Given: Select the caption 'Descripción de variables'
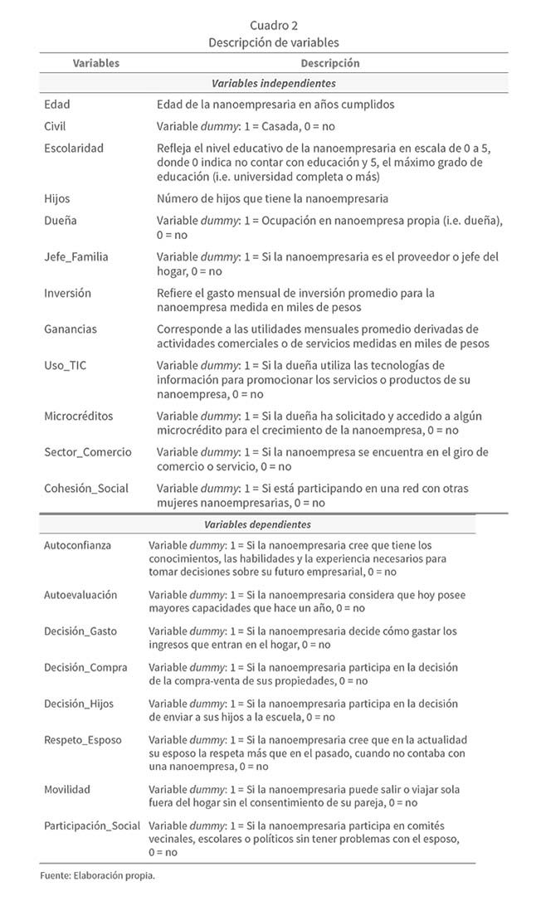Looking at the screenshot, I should (x=274, y=42).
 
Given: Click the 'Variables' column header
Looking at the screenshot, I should (x=96, y=63).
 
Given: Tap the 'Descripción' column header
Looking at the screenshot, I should (x=330, y=63).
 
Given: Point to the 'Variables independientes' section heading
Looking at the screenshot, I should (x=273, y=84).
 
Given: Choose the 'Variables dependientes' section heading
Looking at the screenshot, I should (x=257, y=525).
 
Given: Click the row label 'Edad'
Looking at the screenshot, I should (x=57, y=105).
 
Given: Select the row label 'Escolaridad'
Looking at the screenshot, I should (x=74, y=148).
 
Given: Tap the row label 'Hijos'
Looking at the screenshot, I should (x=58, y=199).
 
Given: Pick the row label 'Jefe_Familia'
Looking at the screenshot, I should (x=76, y=257).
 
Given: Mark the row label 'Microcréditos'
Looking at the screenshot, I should (x=79, y=416).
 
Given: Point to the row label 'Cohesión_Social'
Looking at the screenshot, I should (x=86, y=488).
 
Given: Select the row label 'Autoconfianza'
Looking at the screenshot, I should (x=78, y=545).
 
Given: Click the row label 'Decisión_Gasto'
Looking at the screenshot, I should (x=80, y=631).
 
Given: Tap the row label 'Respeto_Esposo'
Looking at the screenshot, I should (x=82, y=739).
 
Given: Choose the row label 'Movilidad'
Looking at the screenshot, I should (x=67, y=789).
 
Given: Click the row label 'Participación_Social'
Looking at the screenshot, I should (x=92, y=826).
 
